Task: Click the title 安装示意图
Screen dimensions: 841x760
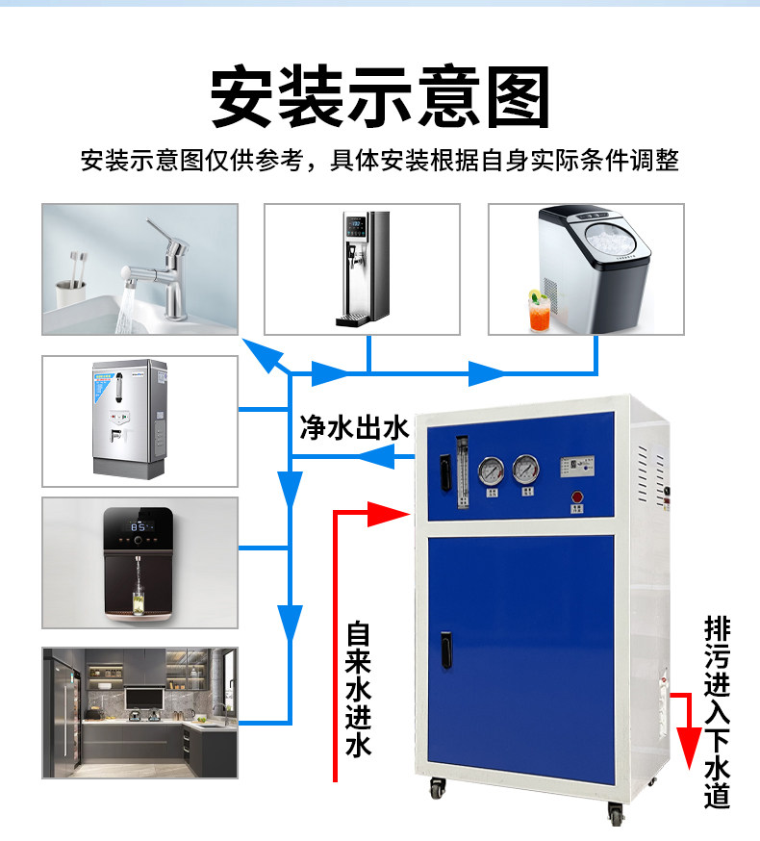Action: (380, 97)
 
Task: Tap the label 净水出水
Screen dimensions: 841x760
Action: (355, 427)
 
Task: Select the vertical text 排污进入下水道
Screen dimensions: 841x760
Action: (718, 712)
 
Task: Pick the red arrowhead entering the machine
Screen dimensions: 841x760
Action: (395, 514)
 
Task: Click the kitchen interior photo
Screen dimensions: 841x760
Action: (139, 712)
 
